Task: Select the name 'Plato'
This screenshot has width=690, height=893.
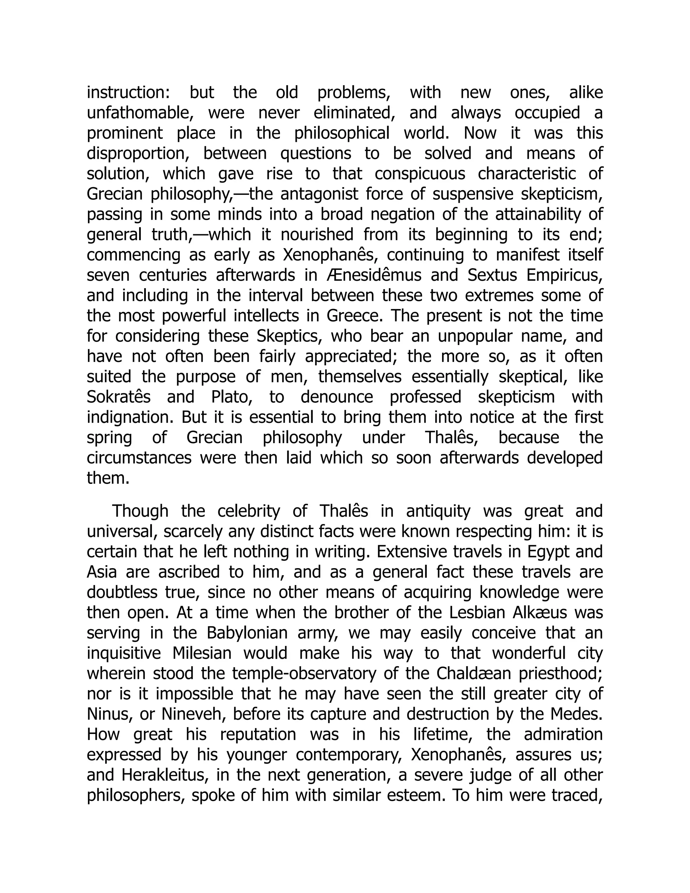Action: coord(230,397)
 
